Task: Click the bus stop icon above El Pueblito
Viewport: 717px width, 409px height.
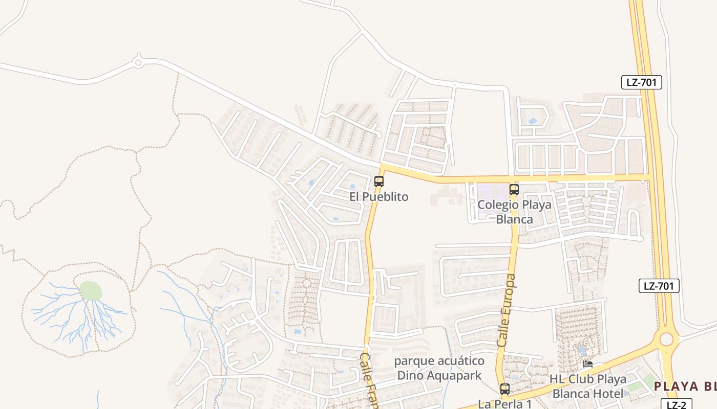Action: pyautogui.click(x=379, y=181)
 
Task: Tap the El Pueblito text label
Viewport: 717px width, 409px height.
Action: pyautogui.click(x=379, y=197)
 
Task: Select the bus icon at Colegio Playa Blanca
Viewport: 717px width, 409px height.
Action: pyautogui.click(x=514, y=190)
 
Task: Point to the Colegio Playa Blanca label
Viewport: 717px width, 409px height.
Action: pyautogui.click(x=514, y=212)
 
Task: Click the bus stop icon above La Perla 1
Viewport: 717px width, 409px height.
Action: pyautogui.click(x=505, y=389)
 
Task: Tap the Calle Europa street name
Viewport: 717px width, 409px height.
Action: pyautogui.click(x=507, y=311)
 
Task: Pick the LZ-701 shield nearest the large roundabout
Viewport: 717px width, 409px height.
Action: pyautogui.click(x=659, y=286)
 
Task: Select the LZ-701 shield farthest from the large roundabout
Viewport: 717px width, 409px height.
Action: pyautogui.click(x=642, y=82)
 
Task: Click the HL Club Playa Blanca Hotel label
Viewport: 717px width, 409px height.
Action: pyautogui.click(x=588, y=387)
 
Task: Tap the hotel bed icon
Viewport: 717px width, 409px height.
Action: pyautogui.click(x=588, y=364)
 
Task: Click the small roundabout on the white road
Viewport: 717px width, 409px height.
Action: pyautogui.click(x=138, y=62)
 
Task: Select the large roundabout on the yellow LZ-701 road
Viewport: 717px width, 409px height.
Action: pyautogui.click(x=666, y=339)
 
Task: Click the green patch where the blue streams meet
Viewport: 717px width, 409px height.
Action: pyautogui.click(x=91, y=291)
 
